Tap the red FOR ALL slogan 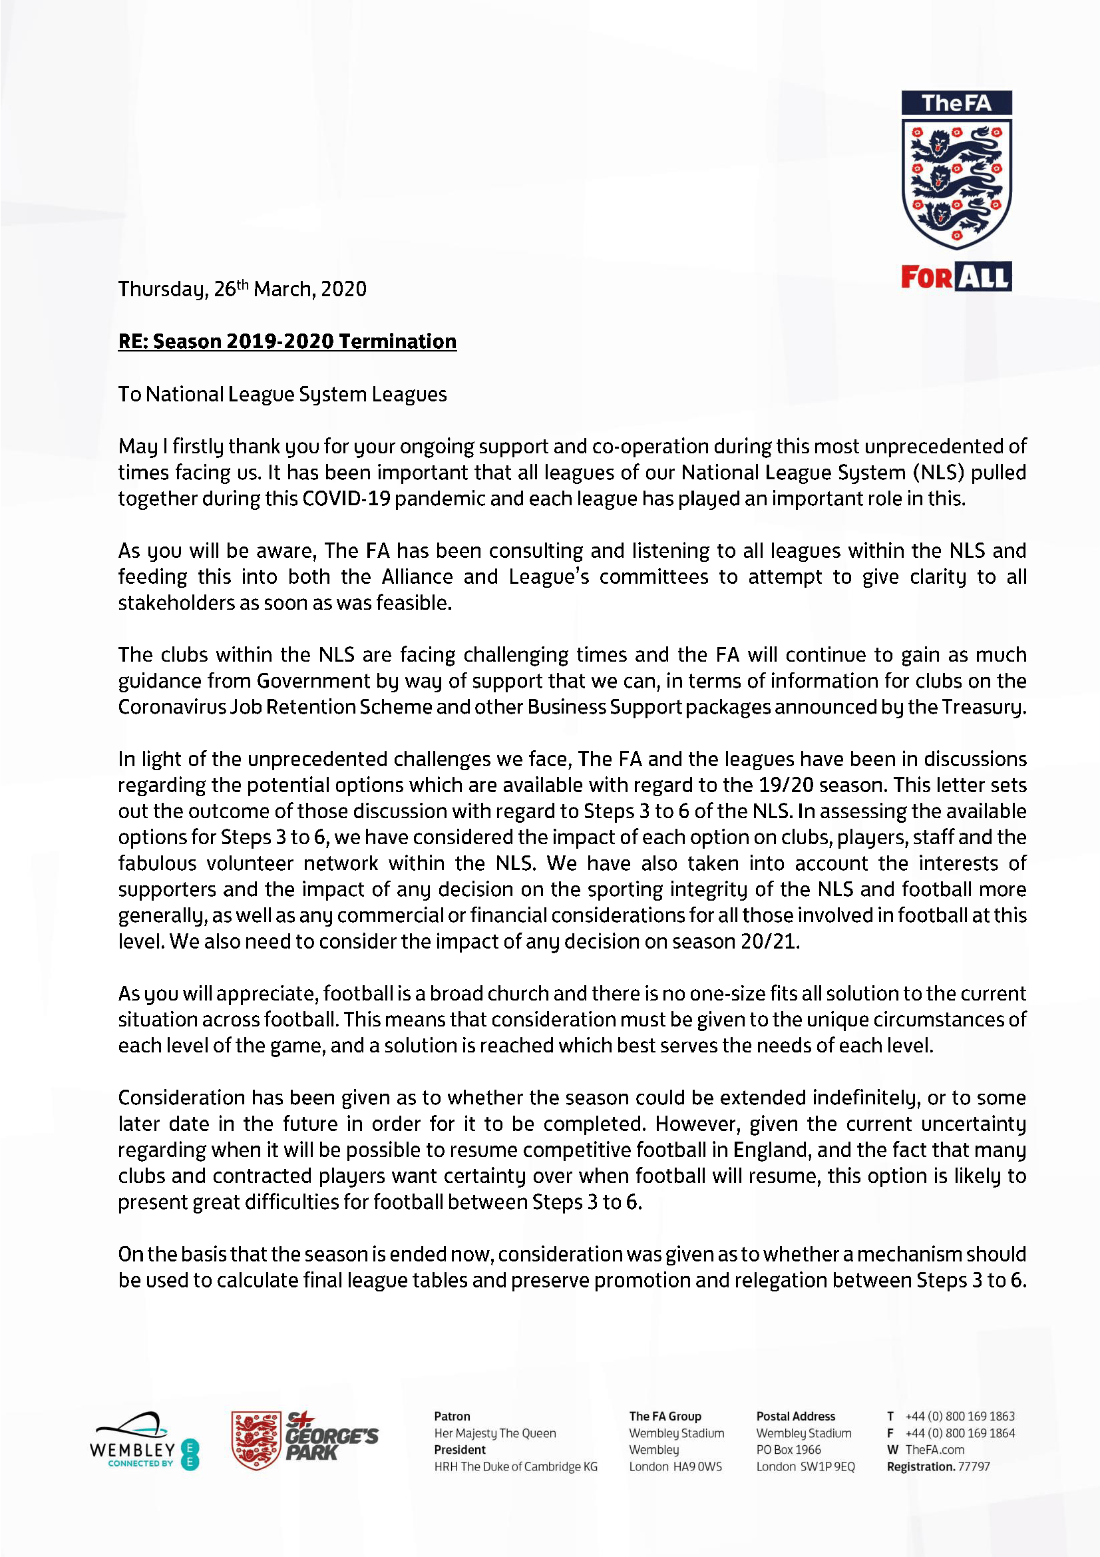click(x=956, y=277)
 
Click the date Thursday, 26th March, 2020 click(x=242, y=290)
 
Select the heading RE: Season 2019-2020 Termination click(x=287, y=341)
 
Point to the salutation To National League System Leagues click(x=283, y=394)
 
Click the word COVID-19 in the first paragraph click(x=345, y=499)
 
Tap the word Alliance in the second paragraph click(x=417, y=576)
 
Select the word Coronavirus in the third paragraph click(x=171, y=707)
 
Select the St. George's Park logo click(x=304, y=1441)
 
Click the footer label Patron click(x=452, y=1416)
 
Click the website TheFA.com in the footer click(x=934, y=1449)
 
